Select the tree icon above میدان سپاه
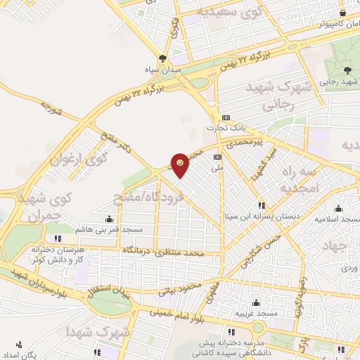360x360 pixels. [x=164, y=59]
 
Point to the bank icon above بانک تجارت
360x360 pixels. [x=225, y=117]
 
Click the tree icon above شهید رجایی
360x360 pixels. [x=347, y=69]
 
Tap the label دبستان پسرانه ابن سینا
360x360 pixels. [x=259, y=216]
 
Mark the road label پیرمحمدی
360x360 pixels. [x=252, y=142]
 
